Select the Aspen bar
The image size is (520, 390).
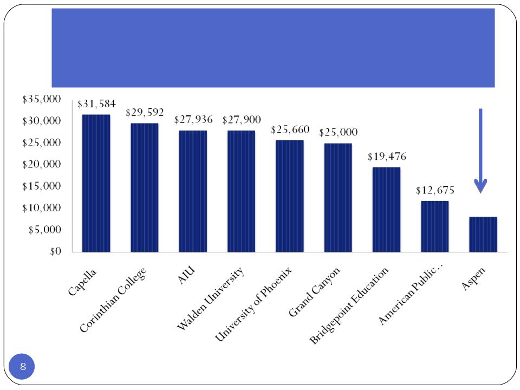(x=483, y=234)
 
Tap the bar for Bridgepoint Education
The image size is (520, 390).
(x=386, y=210)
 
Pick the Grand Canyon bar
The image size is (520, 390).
(x=338, y=198)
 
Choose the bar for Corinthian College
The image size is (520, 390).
(x=145, y=187)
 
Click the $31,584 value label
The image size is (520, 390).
(x=96, y=104)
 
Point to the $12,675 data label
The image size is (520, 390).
(x=435, y=191)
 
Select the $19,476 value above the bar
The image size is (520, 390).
(x=387, y=157)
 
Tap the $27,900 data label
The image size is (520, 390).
(x=242, y=120)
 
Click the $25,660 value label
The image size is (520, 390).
(x=290, y=130)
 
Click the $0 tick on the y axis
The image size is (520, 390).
(x=53, y=252)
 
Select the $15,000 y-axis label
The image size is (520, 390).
(x=42, y=186)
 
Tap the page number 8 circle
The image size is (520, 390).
(x=23, y=367)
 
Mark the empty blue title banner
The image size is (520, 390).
(x=273, y=48)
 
